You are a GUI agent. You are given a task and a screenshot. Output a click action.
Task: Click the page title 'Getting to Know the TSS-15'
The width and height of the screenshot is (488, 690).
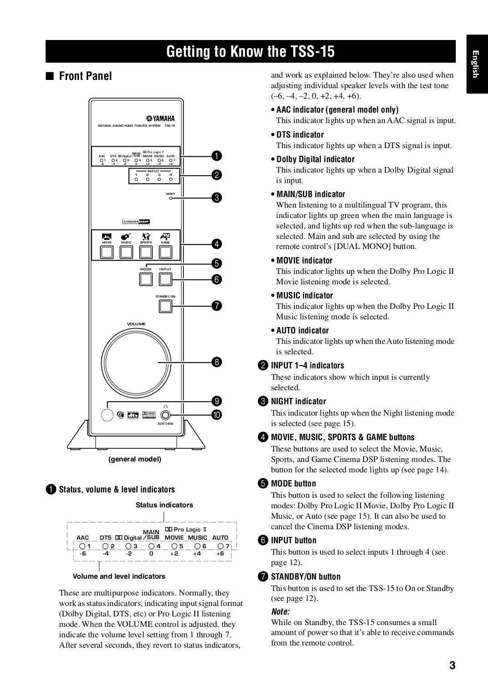[250, 51]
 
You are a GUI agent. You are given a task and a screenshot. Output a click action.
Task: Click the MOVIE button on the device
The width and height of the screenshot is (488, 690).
[107, 252]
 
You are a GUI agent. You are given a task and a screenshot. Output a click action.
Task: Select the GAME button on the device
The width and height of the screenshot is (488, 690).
[165, 252]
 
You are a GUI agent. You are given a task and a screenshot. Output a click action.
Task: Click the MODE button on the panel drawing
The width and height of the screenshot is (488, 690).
[146, 279]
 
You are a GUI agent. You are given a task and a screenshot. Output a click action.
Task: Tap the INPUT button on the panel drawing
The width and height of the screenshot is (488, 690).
[165, 279]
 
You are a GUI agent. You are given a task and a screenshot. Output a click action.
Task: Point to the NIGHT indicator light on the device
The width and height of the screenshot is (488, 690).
[171, 198]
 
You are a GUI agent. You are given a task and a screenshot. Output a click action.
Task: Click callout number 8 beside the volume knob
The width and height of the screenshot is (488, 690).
[217, 362]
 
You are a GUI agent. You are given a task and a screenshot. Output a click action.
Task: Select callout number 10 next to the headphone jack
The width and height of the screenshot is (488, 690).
[217, 415]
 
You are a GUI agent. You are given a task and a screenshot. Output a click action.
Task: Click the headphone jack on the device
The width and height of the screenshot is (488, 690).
[165, 415]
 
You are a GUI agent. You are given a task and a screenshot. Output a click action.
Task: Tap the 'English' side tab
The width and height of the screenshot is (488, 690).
[475, 64]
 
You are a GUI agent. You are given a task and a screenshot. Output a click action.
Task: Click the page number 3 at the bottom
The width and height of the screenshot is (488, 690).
[452, 666]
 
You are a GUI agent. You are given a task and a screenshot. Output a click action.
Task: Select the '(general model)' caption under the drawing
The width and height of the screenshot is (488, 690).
[135, 459]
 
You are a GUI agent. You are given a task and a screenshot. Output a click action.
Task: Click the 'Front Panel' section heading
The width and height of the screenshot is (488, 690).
[85, 76]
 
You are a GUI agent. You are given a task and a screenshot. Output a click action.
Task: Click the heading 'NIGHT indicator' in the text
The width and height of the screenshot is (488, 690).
[298, 401]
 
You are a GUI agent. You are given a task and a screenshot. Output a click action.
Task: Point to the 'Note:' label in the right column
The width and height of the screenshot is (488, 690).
[280, 611]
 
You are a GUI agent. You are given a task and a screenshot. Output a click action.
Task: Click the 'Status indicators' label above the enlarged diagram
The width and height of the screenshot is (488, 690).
[164, 505]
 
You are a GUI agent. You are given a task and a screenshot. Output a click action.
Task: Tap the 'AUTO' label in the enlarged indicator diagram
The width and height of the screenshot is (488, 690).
[220, 537]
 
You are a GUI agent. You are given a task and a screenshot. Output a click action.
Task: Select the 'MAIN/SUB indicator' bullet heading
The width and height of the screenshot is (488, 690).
[311, 194]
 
